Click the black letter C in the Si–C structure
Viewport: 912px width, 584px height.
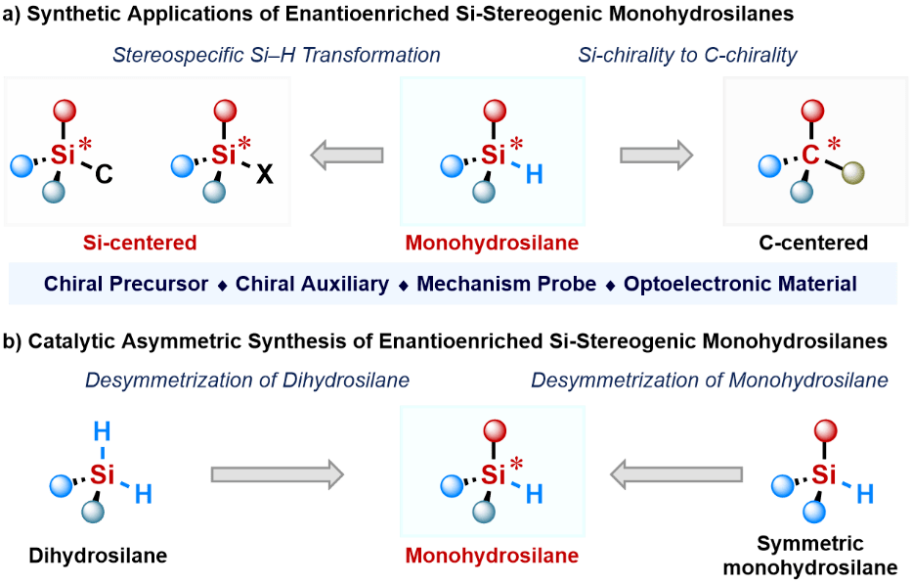105,176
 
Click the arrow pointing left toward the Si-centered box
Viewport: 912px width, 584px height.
346,155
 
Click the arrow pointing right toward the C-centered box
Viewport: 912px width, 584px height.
656,155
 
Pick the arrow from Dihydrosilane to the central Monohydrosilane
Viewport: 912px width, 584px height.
277,474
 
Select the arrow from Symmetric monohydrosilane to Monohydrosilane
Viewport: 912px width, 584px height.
673,474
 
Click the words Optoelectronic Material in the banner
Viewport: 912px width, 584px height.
740,285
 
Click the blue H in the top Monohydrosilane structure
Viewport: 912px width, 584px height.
534,175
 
